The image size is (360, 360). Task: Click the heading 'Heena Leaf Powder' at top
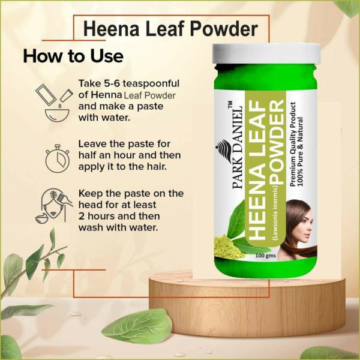(170, 29)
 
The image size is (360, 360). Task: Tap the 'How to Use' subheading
(73, 56)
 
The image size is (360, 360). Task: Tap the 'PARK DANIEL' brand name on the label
(236, 149)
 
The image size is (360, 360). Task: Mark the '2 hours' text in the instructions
(98, 217)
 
